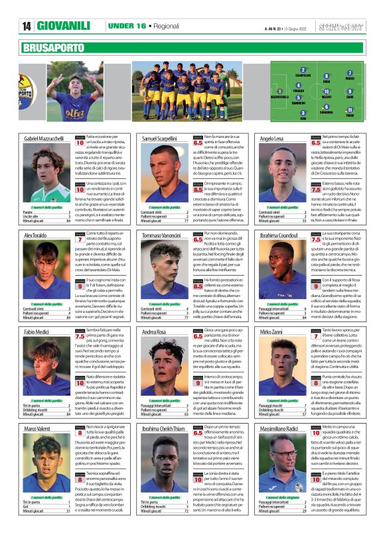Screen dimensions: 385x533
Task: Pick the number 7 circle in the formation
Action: [350, 73]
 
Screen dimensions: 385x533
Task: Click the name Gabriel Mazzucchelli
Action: [44, 138]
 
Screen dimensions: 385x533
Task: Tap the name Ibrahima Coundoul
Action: [279, 235]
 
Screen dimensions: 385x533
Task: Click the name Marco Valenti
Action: [40, 430]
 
